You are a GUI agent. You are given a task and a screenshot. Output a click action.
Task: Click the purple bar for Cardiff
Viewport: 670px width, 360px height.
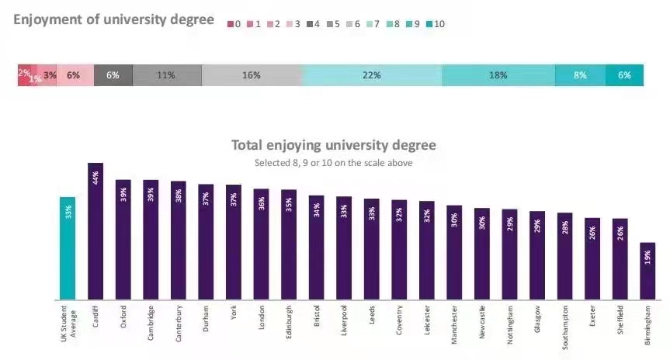[95, 233]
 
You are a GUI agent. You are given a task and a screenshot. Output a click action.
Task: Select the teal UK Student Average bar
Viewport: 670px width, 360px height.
[68, 248]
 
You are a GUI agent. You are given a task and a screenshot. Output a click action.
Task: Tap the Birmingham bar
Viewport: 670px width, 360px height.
[647, 272]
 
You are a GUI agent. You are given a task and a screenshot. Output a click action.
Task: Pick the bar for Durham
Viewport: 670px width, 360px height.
[206, 242]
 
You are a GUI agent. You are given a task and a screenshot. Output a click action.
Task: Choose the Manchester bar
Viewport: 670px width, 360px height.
[454, 253]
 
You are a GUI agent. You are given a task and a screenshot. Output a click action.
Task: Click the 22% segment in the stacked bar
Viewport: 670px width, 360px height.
[372, 75]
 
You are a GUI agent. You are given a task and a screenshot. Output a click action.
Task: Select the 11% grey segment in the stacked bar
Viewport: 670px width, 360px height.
[166, 75]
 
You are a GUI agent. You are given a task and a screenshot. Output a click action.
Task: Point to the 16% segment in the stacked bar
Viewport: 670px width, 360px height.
[252, 75]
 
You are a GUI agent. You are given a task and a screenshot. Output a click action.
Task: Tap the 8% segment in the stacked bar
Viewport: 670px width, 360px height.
[580, 75]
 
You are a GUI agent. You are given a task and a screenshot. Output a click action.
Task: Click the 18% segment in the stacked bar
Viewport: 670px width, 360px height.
[498, 75]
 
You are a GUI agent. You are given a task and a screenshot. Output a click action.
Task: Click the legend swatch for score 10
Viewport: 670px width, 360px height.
[428, 24]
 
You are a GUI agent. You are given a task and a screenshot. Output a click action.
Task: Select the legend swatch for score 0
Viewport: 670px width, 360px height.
[231, 24]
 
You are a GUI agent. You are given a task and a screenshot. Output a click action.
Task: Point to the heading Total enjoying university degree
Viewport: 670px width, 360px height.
[334, 145]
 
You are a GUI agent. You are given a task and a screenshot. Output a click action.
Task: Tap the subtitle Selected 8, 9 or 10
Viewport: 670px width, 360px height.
[334, 163]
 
